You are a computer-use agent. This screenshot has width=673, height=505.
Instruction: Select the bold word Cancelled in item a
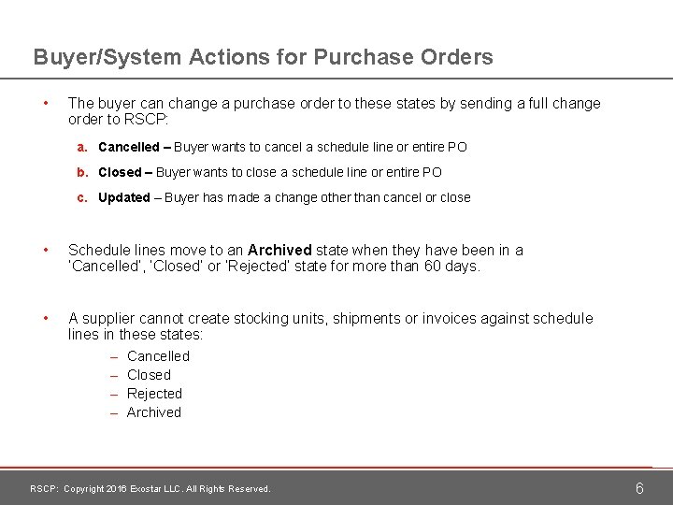point(129,148)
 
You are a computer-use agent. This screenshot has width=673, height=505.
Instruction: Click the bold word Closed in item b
point(119,173)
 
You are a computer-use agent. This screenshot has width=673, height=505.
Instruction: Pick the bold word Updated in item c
point(124,198)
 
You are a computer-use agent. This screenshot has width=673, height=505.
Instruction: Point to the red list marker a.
point(83,148)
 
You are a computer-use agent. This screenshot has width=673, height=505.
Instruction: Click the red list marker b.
point(83,173)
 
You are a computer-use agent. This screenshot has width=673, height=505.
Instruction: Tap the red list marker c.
point(83,198)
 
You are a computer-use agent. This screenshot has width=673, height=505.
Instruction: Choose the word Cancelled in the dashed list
point(158,356)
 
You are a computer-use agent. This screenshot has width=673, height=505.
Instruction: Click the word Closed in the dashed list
point(149,375)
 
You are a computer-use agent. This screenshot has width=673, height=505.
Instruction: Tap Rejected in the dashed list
point(154,394)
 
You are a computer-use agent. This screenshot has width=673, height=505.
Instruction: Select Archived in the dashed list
point(154,412)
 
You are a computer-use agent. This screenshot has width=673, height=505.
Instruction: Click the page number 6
point(639,488)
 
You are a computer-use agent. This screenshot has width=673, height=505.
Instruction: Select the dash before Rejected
point(113,394)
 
